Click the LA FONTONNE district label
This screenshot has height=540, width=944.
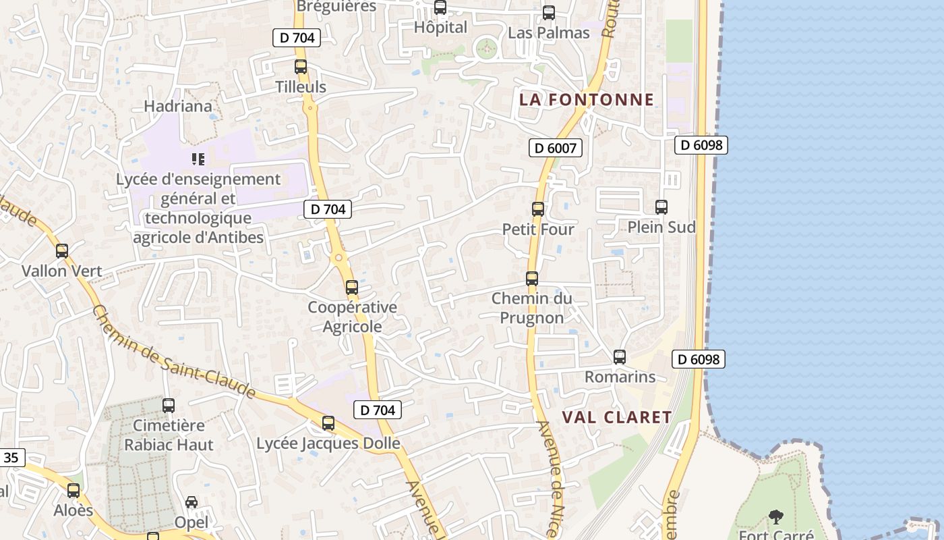point(587,100)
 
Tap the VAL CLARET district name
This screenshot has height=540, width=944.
point(617,417)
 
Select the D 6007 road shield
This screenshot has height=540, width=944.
point(555,148)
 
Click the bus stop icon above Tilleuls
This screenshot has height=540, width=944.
point(301,67)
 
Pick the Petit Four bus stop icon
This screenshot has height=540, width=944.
point(537,209)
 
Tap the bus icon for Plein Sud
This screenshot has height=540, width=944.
point(661,207)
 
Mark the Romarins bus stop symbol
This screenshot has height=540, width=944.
point(620,357)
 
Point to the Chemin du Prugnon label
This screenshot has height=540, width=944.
point(531,308)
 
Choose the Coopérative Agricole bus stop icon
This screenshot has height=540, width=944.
point(351,288)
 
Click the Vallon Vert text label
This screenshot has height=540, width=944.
point(62,271)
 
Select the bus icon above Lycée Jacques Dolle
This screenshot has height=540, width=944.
point(328,424)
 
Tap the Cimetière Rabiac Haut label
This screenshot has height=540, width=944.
point(169,435)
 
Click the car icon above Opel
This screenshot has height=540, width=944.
point(191,502)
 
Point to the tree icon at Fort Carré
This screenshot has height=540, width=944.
point(776,517)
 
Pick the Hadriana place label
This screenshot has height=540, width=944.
point(178,106)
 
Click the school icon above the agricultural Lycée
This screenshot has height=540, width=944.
point(198,159)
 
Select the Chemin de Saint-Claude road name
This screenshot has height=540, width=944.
point(173,352)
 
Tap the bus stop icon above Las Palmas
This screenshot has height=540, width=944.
point(549,13)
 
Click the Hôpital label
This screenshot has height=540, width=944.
point(440,28)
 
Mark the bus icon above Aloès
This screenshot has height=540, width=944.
point(73,491)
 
